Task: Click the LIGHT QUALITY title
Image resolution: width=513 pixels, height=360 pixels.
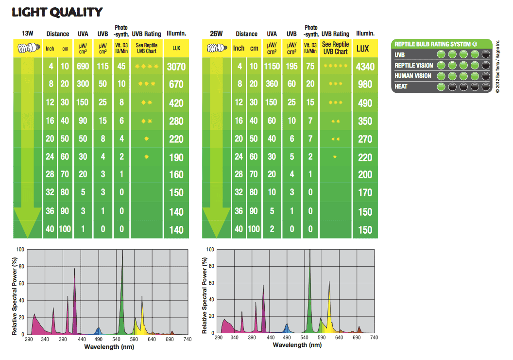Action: click(x=57, y=12)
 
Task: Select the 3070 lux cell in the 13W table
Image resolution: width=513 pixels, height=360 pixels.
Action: click(x=176, y=67)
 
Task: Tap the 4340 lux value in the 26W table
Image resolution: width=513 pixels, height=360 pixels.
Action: click(x=365, y=67)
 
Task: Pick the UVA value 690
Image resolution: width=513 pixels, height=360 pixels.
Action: click(x=83, y=66)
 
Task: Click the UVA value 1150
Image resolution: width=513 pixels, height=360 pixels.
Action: click(x=272, y=66)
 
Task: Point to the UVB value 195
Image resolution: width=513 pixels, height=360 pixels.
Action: click(x=291, y=66)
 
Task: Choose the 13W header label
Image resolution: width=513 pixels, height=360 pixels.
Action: click(x=28, y=34)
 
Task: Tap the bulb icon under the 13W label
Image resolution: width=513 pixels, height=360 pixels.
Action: click(x=27, y=48)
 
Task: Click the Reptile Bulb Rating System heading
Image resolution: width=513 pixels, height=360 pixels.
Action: click(x=436, y=44)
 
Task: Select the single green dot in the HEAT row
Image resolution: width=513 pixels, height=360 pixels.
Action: click(x=442, y=87)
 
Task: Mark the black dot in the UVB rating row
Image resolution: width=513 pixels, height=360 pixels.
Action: click(x=486, y=54)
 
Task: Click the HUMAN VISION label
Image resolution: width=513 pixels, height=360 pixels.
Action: click(x=413, y=76)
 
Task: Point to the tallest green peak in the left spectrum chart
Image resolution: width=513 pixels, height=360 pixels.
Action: click(x=122, y=257)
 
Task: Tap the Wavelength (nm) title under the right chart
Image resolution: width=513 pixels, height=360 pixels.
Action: click(x=297, y=345)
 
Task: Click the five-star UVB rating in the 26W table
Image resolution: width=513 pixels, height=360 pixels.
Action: click(x=336, y=66)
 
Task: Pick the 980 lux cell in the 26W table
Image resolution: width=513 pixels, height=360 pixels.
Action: click(x=365, y=85)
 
